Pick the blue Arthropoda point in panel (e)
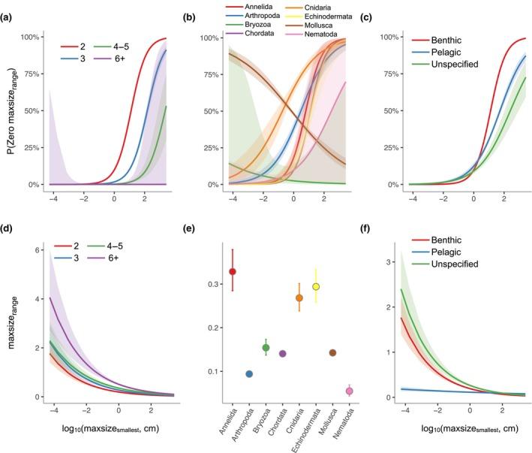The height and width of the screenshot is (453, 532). click(x=249, y=373)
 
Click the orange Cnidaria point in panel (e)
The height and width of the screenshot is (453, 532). click(x=299, y=297)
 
